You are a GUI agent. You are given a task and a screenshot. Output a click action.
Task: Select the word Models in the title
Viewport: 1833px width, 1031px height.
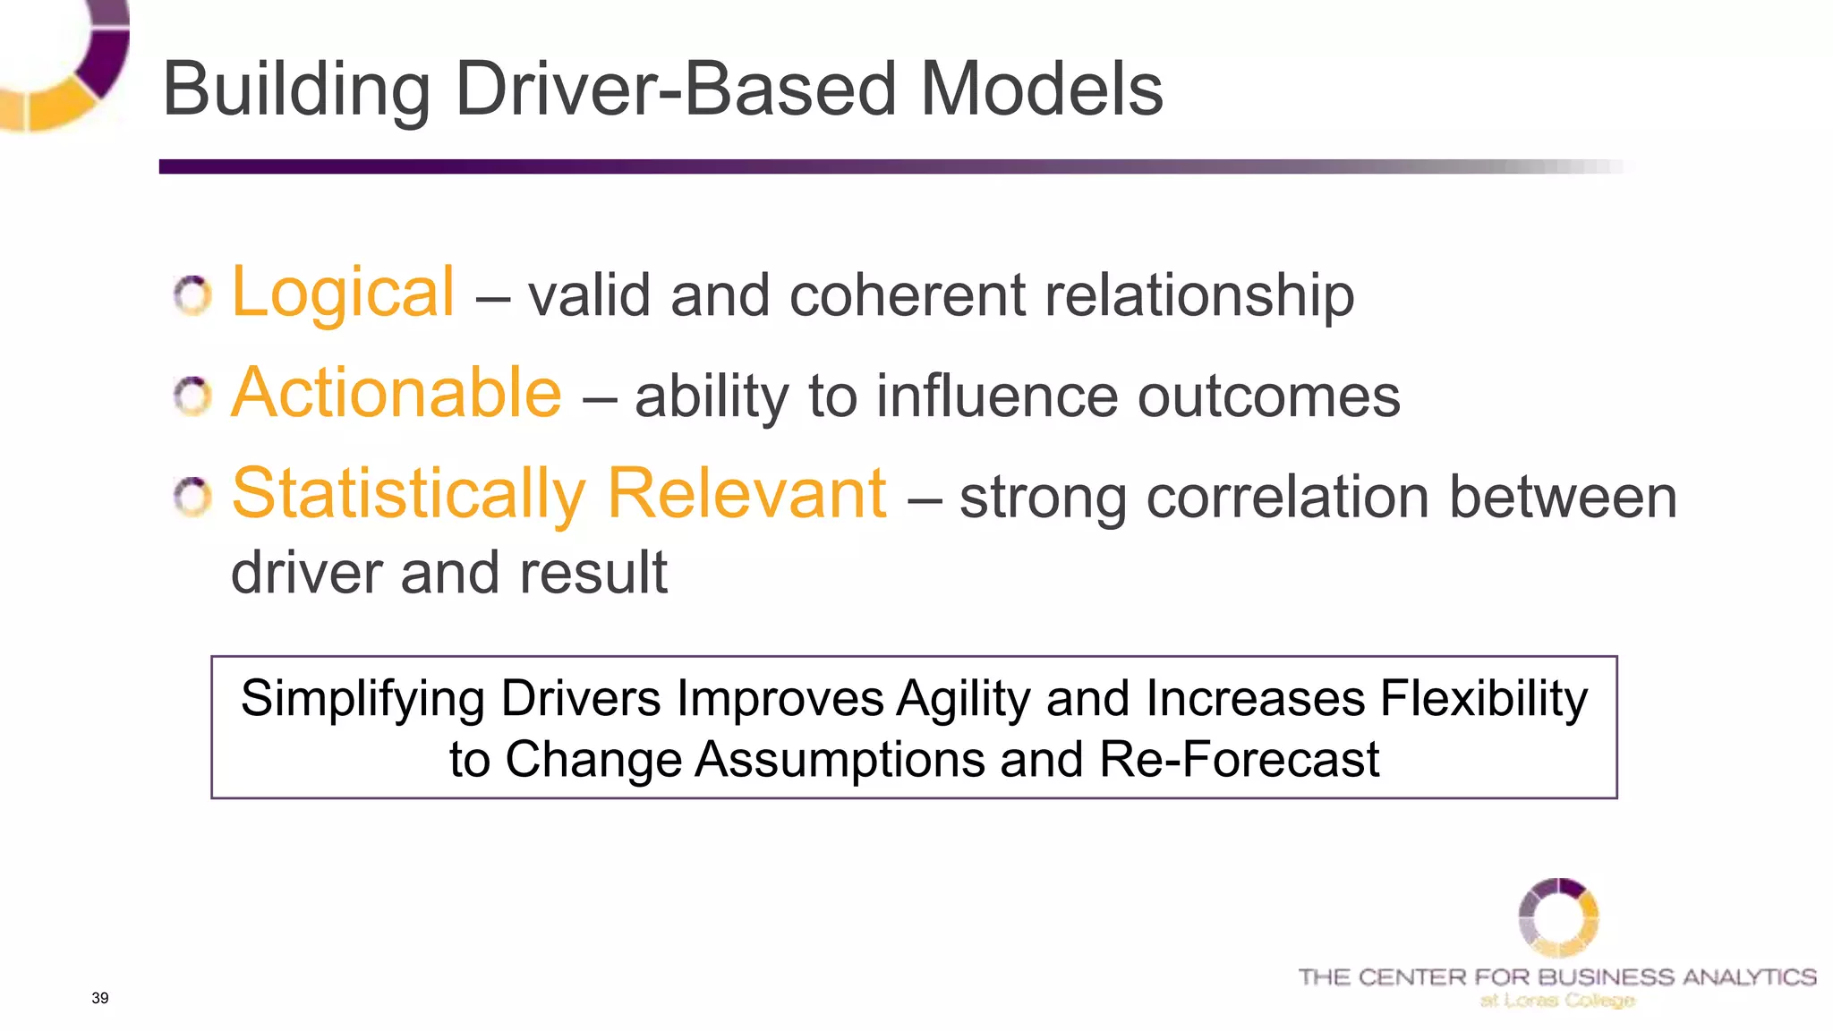click(1042, 89)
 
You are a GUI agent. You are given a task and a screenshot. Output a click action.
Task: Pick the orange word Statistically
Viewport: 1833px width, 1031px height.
click(408, 494)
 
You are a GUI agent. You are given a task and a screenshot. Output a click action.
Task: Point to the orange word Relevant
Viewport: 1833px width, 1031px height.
click(747, 494)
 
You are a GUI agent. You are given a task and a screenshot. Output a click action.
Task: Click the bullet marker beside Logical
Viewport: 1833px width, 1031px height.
click(192, 295)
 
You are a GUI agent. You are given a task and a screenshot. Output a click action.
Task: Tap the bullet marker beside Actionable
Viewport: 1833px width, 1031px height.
click(192, 396)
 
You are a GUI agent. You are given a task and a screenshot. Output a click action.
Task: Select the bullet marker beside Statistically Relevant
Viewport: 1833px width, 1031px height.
click(192, 498)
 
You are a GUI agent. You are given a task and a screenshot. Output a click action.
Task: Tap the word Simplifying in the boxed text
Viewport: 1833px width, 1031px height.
click(362, 699)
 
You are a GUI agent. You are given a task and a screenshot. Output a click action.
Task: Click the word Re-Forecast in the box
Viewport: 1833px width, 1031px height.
click(1239, 760)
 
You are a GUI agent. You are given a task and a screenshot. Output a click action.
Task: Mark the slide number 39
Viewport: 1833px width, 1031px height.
click(100, 998)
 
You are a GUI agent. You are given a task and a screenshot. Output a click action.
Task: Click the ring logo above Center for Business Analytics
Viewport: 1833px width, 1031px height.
click(1558, 917)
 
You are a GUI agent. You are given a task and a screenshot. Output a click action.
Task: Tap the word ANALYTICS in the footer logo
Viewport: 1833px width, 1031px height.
click(1749, 977)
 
